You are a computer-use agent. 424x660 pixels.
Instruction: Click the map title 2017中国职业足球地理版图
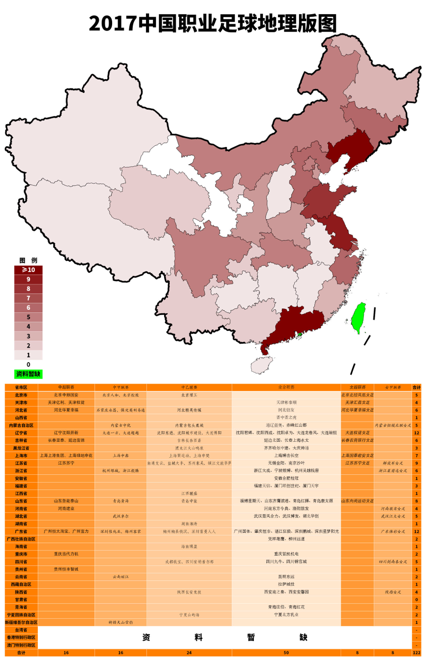click(212, 23)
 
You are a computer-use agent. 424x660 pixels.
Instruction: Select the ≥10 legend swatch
click(28, 270)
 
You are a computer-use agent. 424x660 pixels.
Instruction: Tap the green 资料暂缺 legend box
click(28, 374)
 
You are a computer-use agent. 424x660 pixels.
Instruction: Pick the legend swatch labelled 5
click(28, 317)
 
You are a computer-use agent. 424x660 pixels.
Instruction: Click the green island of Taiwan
click(359, 318)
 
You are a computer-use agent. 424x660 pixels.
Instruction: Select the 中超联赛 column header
click(66, 387)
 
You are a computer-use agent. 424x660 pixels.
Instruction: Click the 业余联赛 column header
click(286, 387)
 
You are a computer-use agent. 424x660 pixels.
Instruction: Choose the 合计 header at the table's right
click(416, 387)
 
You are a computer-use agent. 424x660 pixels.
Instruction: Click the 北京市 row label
click(21, 395)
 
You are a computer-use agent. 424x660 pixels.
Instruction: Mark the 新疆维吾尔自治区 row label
click(21, 622)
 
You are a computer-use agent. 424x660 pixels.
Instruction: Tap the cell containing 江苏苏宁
click(66, 463)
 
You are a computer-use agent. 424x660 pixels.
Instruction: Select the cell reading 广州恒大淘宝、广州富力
click(66, 531)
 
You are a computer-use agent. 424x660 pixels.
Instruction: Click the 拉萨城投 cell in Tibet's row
click(286, 584)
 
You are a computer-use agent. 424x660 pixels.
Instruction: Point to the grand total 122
click(416, 653)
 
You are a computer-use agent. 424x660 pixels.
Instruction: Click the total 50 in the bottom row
click(286, 653)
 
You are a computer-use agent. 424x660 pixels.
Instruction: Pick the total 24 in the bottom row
click(189, 653)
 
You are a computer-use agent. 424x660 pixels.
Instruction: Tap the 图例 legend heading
click(28, 260)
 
